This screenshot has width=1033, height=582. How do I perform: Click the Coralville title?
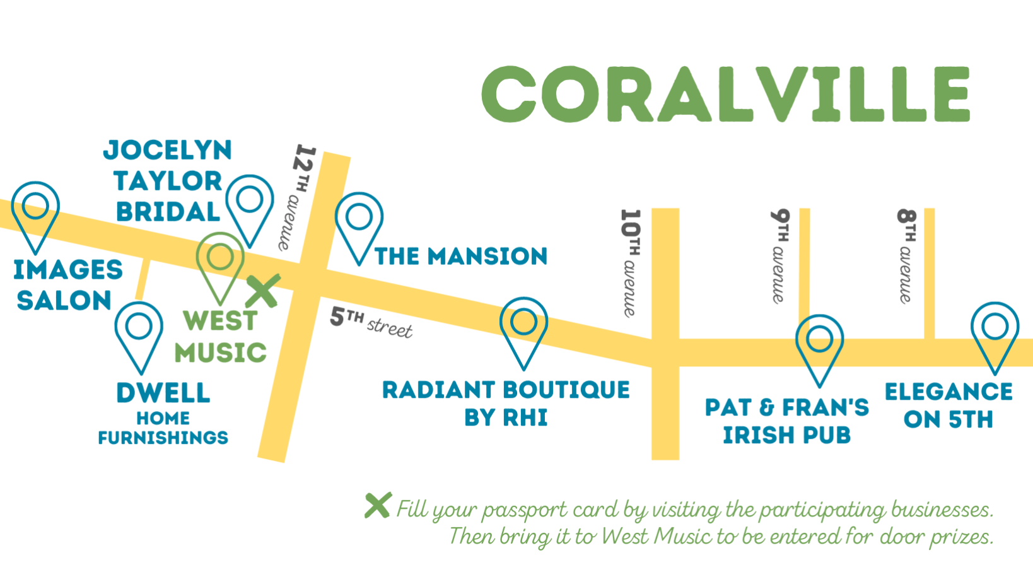(x=726, y=94)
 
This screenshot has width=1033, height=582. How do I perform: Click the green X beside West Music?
(x=263, y=291)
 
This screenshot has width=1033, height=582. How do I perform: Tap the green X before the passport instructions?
(x=378, y=505)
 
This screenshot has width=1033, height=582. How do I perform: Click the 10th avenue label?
(x=631, y=264)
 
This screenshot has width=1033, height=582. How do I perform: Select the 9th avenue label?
(x=780, y=257)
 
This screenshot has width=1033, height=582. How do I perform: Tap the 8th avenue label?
(x=906, y=257)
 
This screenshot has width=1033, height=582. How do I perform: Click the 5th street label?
(x=371, y=323)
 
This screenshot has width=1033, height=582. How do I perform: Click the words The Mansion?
(x=461, y=257)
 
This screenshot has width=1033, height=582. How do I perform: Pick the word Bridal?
(x=168, y=212)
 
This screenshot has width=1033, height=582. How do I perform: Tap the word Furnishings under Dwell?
(x=163, y=437)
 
